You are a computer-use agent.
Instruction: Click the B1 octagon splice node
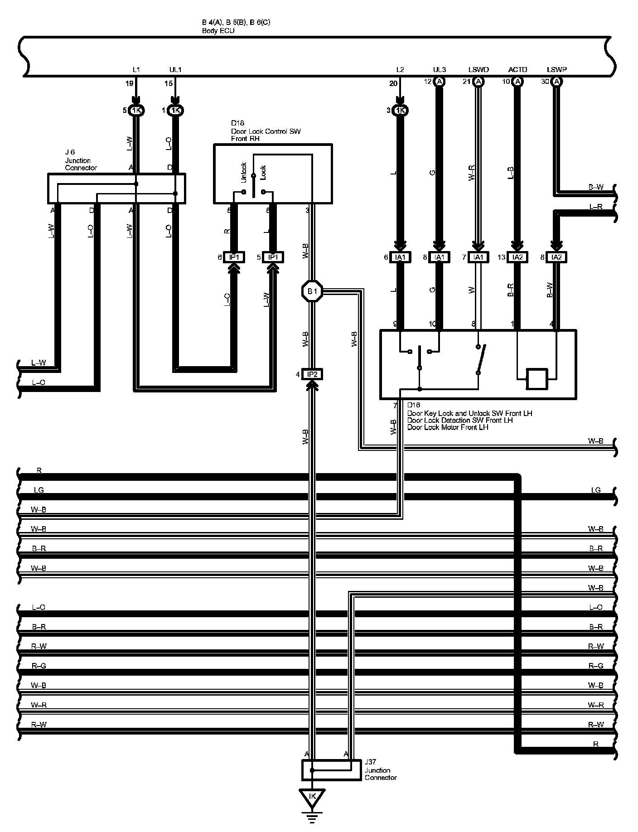pos(312,291)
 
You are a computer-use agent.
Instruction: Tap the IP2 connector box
pos(312,374)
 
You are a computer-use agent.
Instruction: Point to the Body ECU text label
pos(218,31)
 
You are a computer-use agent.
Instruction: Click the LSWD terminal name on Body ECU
pos(478,70)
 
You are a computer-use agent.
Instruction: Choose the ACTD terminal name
pos(517,70)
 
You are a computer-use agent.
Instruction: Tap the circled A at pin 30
pos(557,82)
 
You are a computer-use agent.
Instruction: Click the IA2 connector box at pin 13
pos(517,257)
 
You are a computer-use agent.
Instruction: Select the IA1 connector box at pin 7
pos(478,257)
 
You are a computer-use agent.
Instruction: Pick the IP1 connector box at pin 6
pos(234,257)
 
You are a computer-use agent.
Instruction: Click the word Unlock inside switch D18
pos(243,172)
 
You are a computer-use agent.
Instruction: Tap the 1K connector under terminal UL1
pos(175,110)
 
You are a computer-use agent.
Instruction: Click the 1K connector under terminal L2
pos(400,110)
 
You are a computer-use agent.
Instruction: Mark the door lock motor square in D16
pos(537,379)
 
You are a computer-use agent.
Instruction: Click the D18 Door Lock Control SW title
pos(266,131)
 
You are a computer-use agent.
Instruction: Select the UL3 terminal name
pos(439,70)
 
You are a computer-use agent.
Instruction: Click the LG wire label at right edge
pos(595,490)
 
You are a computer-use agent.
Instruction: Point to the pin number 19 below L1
pos(130,83)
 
